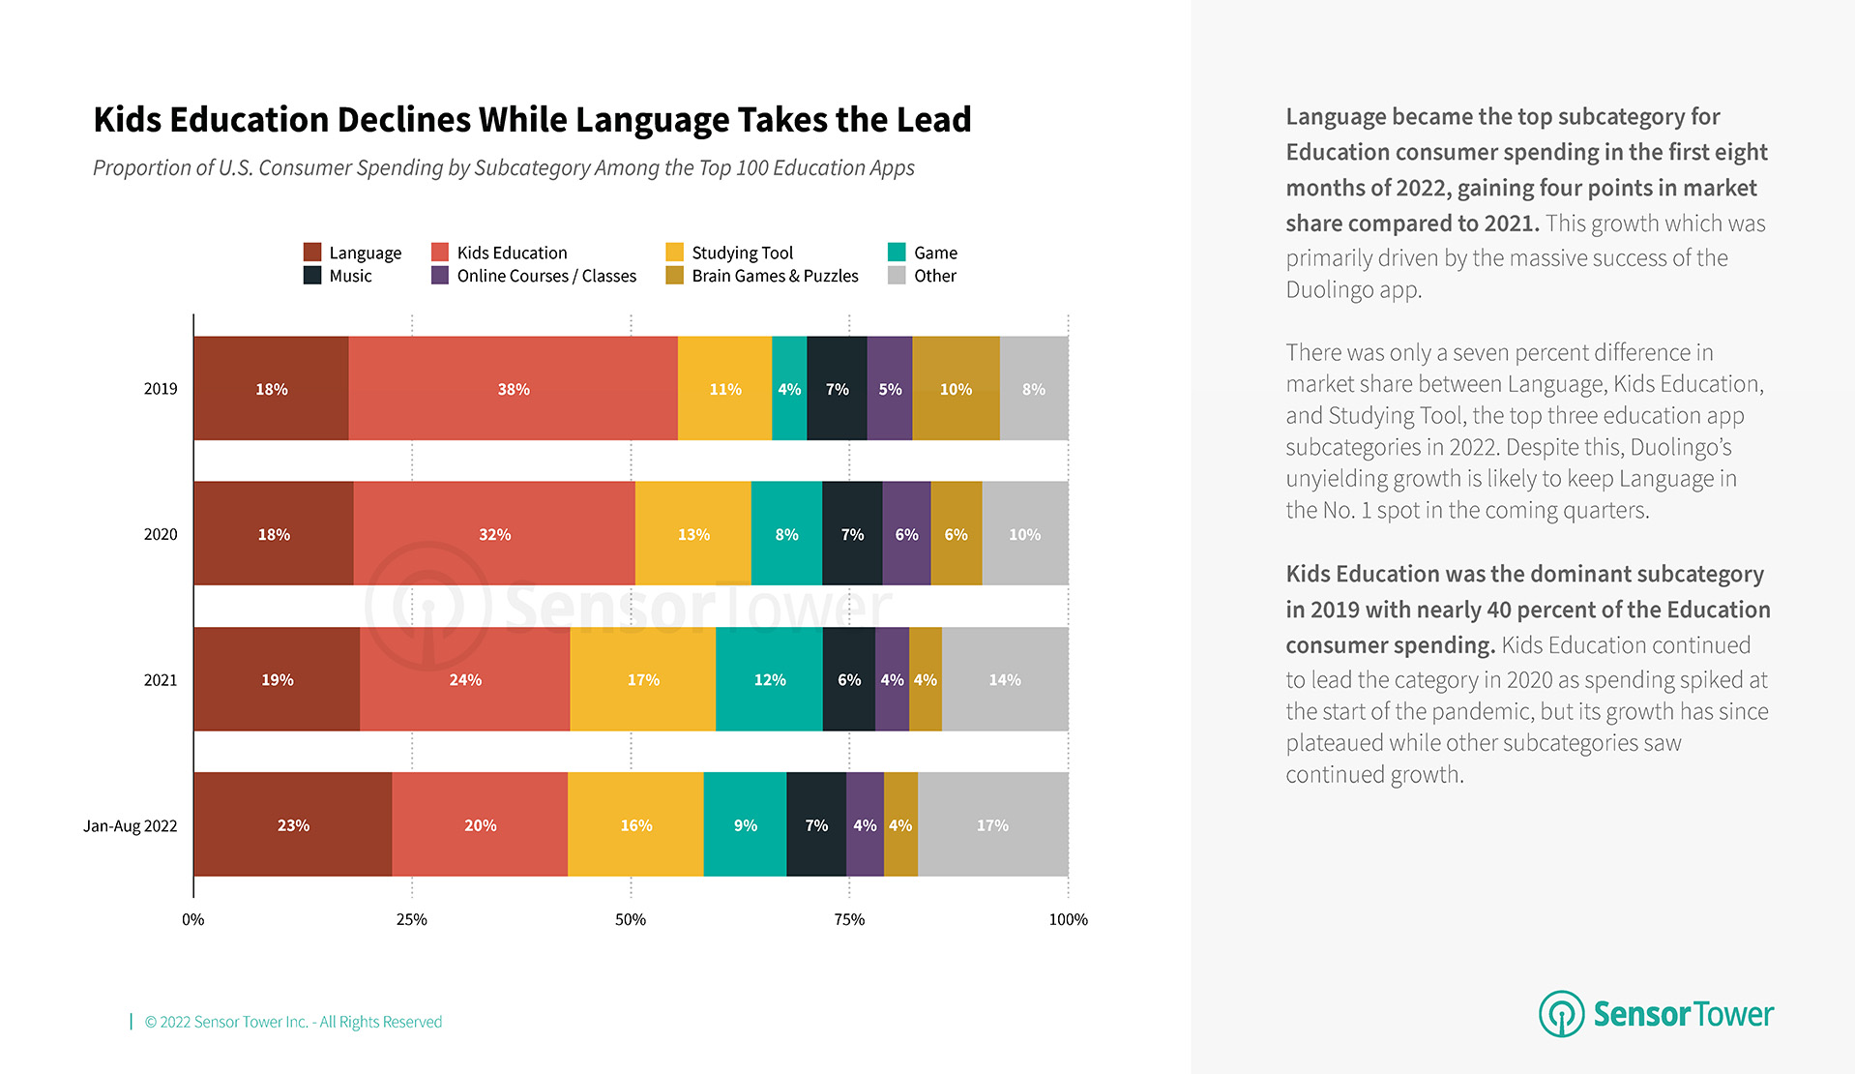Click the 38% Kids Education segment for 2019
coord(513,389)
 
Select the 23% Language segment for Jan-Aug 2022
coord(293,825)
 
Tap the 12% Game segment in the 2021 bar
coord(769,680)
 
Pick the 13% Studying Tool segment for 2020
coord(692,534)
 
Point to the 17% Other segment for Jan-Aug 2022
coord(992,825)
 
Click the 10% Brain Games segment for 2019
coord(956,389)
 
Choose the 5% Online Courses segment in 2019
coord(890,389)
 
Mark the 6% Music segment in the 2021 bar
coord(848,680)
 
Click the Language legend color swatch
coord(312,253)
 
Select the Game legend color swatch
coord(897,253)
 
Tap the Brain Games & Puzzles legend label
coord(775,276)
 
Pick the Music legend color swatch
coord(312,276)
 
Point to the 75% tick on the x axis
coord(849,919)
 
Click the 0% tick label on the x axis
coord(193,919)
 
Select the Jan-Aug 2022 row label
coord(131,826)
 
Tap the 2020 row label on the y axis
coord(161,535)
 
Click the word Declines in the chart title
coord(403,120)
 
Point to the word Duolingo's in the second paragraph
coord(1681,447)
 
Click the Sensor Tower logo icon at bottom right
coord(1561,1014)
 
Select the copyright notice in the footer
coord(293,1022)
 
